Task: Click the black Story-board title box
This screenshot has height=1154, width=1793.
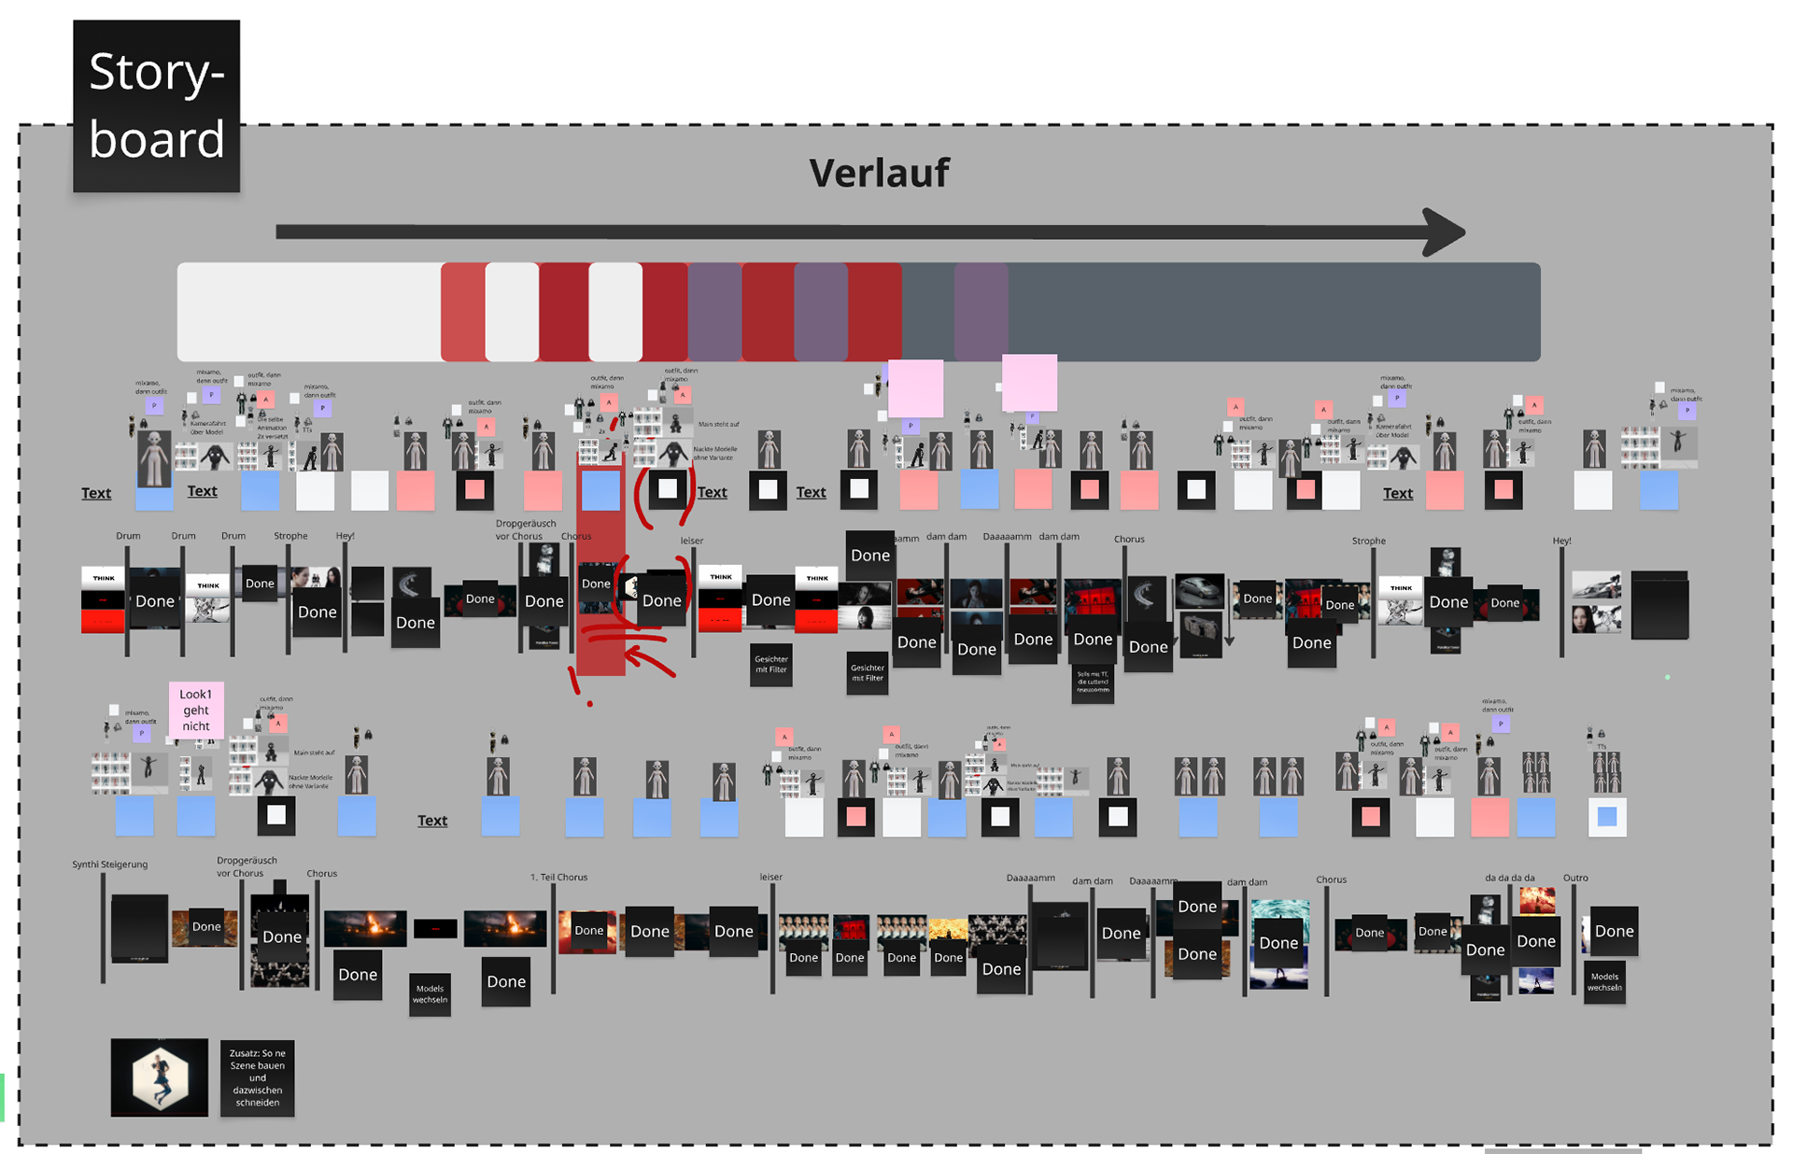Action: [x=156, y=106]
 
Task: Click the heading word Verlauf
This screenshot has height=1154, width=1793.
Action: [x=879, y=173]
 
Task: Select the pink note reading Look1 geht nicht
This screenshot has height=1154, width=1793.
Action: [x=196, y=710]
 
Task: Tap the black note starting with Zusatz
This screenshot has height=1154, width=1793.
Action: [x=257, y=1077]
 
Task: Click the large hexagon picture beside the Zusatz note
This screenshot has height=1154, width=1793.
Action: [x=160, y=1077]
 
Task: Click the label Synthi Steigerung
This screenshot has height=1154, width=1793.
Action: [x=110, y=865]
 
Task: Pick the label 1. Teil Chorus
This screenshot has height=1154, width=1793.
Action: [x=558, y=878]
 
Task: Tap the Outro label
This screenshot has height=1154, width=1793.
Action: [x=1575, y=878]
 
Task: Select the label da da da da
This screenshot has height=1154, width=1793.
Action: [x=1509, y=878]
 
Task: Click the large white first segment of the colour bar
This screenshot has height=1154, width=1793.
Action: [x=308, y=312]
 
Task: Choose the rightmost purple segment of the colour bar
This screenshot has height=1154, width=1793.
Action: [x=981, y=312]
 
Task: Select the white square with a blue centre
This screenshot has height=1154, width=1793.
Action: [x=1606, y=817]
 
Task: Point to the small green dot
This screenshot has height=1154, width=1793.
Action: [x=1667, y=677]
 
